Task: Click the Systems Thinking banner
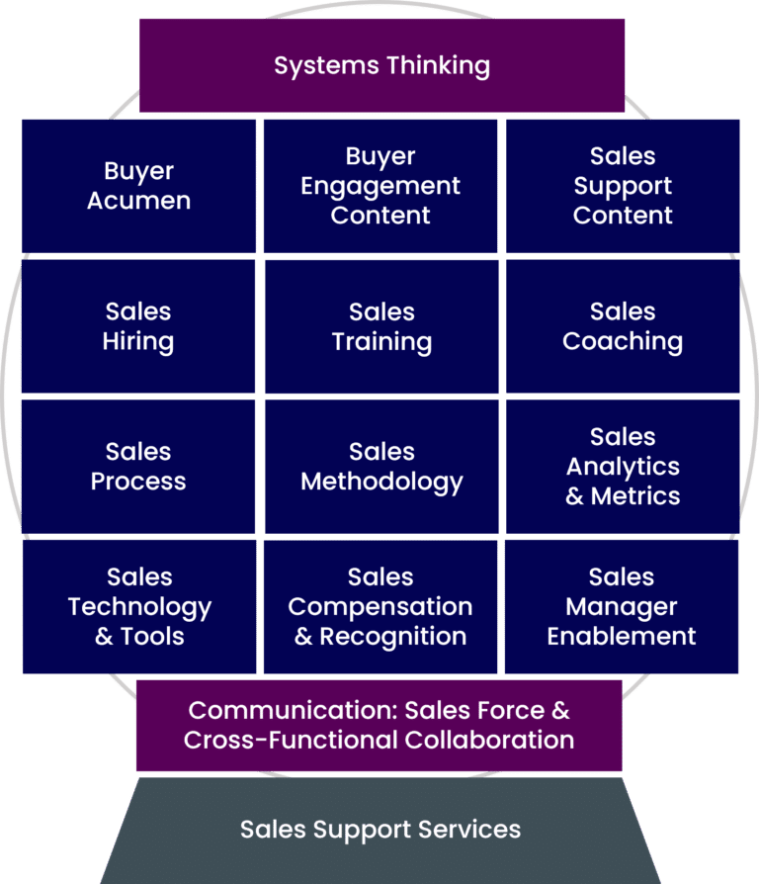(381, 65)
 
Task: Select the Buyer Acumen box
(138, 186)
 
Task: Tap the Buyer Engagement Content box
(380, 186)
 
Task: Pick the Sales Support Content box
(623, 186)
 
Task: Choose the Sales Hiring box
(138, 326)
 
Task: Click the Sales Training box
(381, 326)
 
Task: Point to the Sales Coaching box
(623, 326)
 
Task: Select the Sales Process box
(138, 467)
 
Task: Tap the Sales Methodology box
(381, 467)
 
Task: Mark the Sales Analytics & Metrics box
(623, 467)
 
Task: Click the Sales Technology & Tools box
(138, 606)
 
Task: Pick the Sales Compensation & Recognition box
(380, 606)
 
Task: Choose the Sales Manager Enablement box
(622, 606)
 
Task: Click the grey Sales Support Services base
(380, 829)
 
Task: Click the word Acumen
(138, 201)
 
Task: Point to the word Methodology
(381, 482)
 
